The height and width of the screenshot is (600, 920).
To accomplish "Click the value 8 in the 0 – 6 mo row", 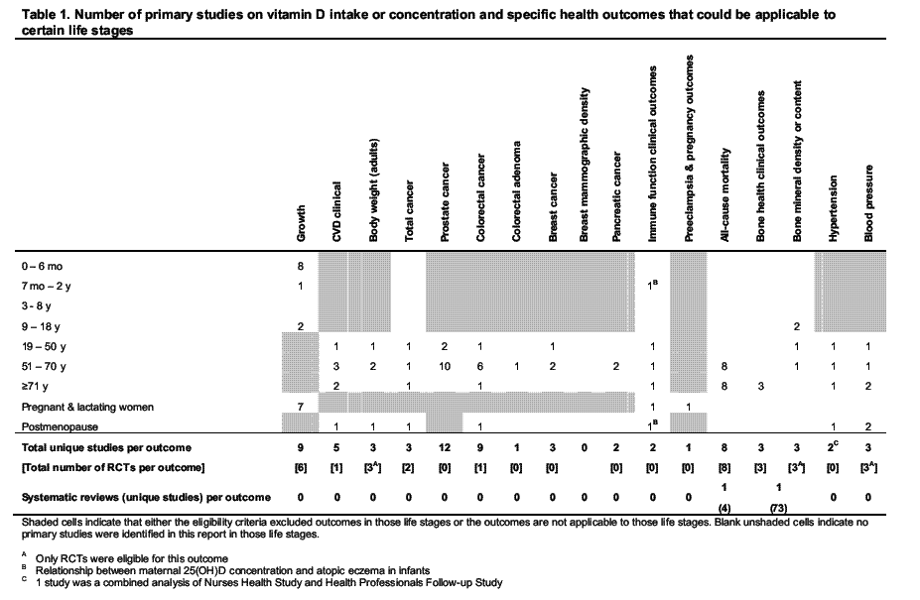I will [301, 267].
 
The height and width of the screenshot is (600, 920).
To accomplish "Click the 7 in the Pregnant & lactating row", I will [301, 407].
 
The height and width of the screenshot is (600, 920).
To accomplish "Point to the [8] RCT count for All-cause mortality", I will [726, 466].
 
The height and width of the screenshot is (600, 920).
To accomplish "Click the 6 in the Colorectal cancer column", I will [478, 366].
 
